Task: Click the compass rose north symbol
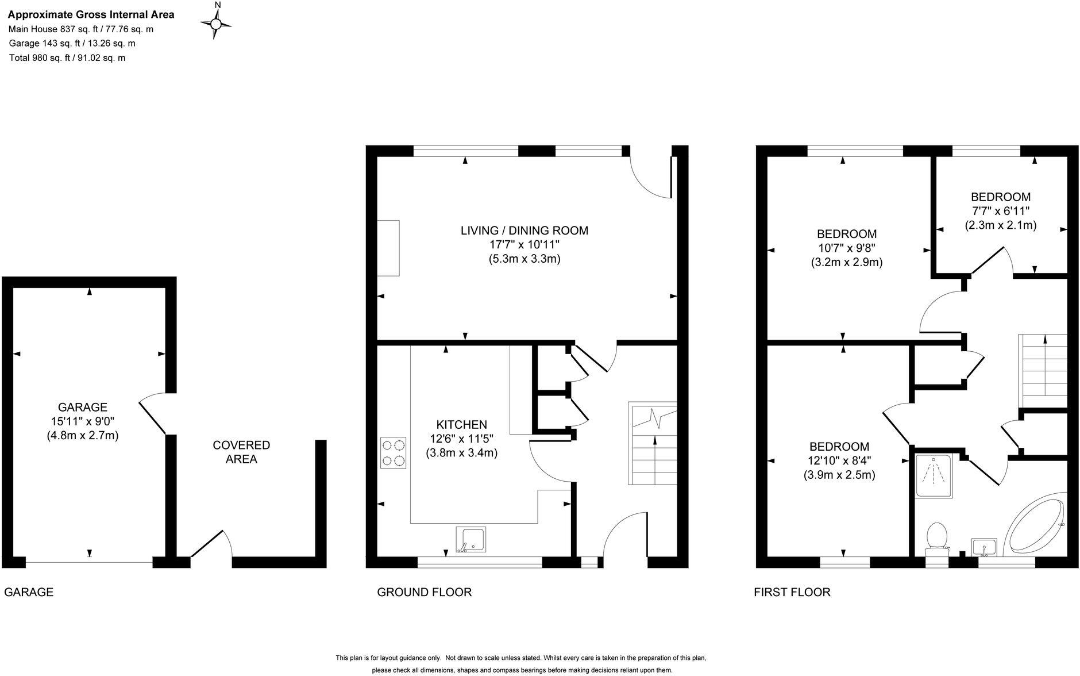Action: click(217, 23)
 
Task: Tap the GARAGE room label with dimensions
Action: click(83, 421)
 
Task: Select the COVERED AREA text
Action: click(241, 452)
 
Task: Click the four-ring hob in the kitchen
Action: click(393, 452)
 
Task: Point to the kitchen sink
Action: click(470, 540)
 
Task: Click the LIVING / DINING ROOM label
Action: click(524, 244)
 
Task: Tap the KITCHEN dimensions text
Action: click(461, 445)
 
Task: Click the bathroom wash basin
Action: click(983, 547)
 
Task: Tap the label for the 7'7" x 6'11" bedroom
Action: click(1000, 211)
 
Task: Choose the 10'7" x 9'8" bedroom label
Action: click(847, 248)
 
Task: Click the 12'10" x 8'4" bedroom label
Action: click(839, 460)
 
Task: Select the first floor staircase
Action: click(1042, 371)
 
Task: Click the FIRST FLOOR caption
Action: click(792, 592)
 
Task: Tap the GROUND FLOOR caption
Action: click(424, 592)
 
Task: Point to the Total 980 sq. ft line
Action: click(67, 58)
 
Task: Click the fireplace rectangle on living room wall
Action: click(388, 248)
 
